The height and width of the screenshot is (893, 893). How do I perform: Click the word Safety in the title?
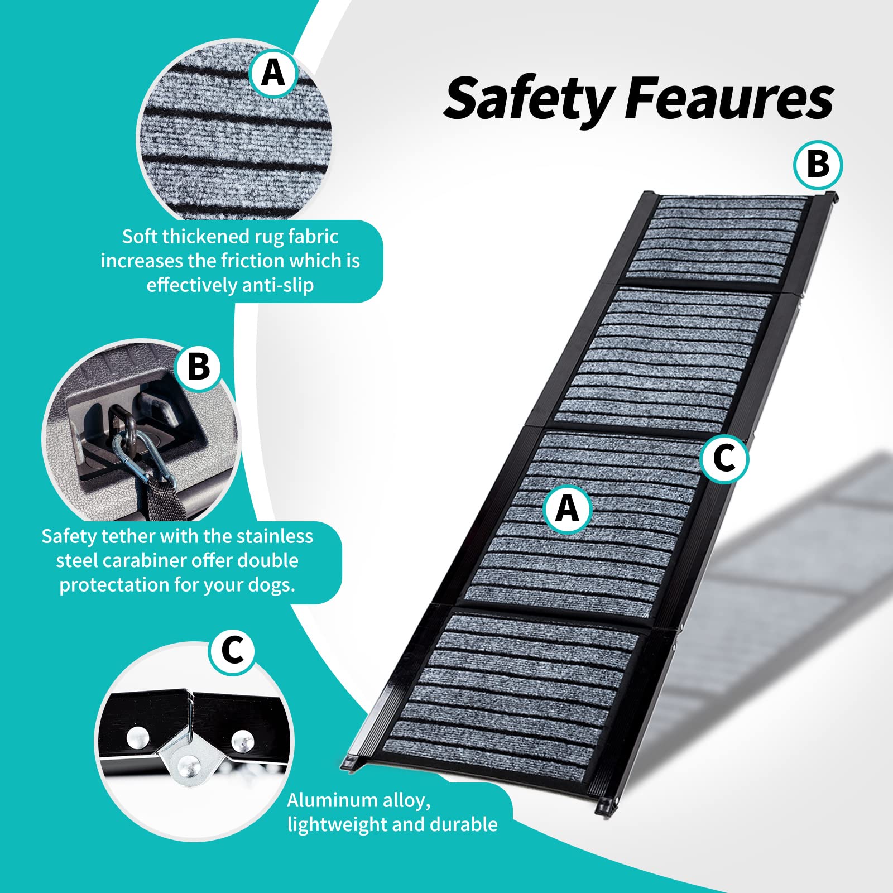(530, 99)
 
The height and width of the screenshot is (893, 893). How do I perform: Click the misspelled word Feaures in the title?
(729, 99)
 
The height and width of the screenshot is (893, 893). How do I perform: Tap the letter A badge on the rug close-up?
(273, 73)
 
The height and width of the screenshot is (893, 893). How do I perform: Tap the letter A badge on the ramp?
(568, 509)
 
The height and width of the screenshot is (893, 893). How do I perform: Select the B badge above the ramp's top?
(818, 165)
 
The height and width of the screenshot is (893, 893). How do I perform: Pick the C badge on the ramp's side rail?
(724, 459)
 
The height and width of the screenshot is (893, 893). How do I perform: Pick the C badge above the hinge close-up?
(233, 651)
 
